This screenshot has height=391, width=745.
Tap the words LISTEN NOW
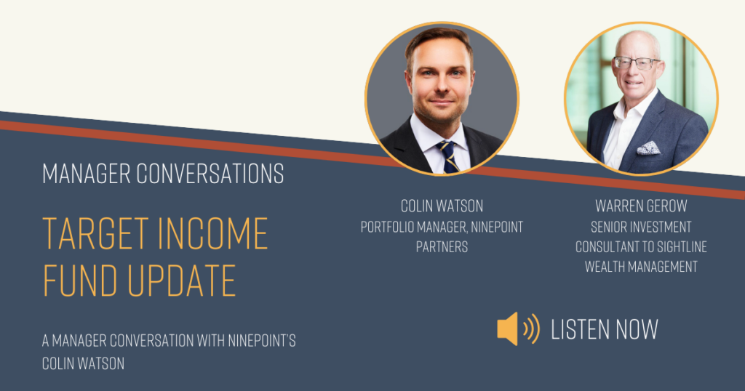point(605,329)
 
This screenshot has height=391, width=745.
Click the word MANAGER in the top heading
point(86,174)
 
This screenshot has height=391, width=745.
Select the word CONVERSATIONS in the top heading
point(210,174)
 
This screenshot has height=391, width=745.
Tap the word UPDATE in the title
point(181,281)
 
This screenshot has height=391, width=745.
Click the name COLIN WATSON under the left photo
point(442,206)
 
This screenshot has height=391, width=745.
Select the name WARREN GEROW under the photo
point(641,206)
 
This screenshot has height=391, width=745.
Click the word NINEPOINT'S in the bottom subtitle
point(262,341)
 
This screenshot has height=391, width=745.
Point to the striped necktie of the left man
point(448,156)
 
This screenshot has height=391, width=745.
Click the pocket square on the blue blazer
point(648,148)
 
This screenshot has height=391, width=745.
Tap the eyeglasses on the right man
point(636,63)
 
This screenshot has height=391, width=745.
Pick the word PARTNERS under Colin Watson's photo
point(442,247)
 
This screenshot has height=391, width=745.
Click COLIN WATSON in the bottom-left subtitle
point(83,363)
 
